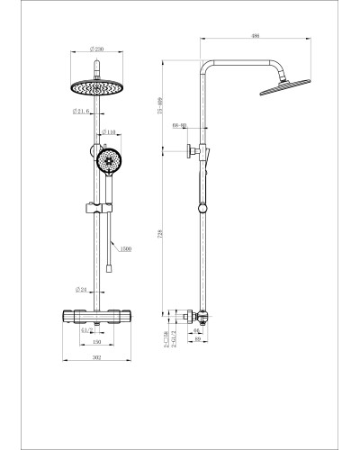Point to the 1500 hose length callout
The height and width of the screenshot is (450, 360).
(x=126, y=247)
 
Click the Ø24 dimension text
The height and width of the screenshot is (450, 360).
(x=80, y=290)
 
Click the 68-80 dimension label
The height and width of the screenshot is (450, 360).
(x=179, y=127)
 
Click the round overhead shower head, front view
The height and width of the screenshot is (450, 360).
(x=94, y=89)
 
